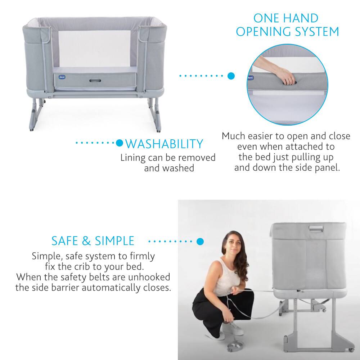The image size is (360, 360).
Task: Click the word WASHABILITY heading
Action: pos(164,144)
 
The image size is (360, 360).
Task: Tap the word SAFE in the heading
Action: pos(64,241)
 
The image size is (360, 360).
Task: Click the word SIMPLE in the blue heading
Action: pos(114,241)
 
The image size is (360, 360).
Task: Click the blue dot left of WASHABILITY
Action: pos(120,143)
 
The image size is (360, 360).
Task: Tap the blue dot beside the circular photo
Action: pos(231,76)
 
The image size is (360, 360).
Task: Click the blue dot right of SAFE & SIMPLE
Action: pos(200,241)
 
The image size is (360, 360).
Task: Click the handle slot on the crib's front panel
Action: pos(95,81)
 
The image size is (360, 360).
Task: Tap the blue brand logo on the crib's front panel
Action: pos(62,77)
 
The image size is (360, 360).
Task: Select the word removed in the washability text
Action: pos(197,158)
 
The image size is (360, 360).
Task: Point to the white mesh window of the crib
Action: pos(94,49)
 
